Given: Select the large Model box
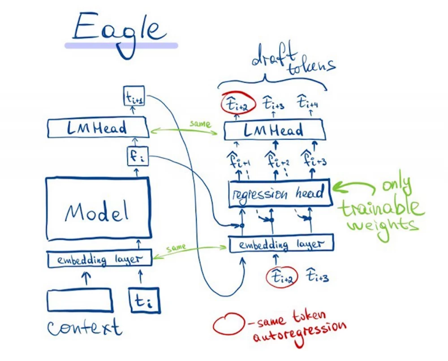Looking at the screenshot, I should click(x=98, y=207).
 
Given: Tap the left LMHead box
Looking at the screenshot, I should click(x=97, y=129).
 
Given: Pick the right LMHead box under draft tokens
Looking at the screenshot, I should click(x=273, y=130).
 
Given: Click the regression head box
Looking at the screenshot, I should click(x=279, y=193).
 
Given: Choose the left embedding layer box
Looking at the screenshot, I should click(x=99, y=259).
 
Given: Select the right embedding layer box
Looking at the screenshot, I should click(x=281, y=244).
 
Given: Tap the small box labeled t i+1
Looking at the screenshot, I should click(x=134, y=96).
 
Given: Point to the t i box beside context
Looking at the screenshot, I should click(x=144, y=300).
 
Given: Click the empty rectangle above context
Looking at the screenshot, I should click(x=80, y=300).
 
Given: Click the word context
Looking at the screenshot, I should click(x=84, y=327).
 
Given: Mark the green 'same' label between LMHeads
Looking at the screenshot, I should click(x=199, y=124).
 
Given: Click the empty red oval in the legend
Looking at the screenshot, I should click(x=228, y=326).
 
